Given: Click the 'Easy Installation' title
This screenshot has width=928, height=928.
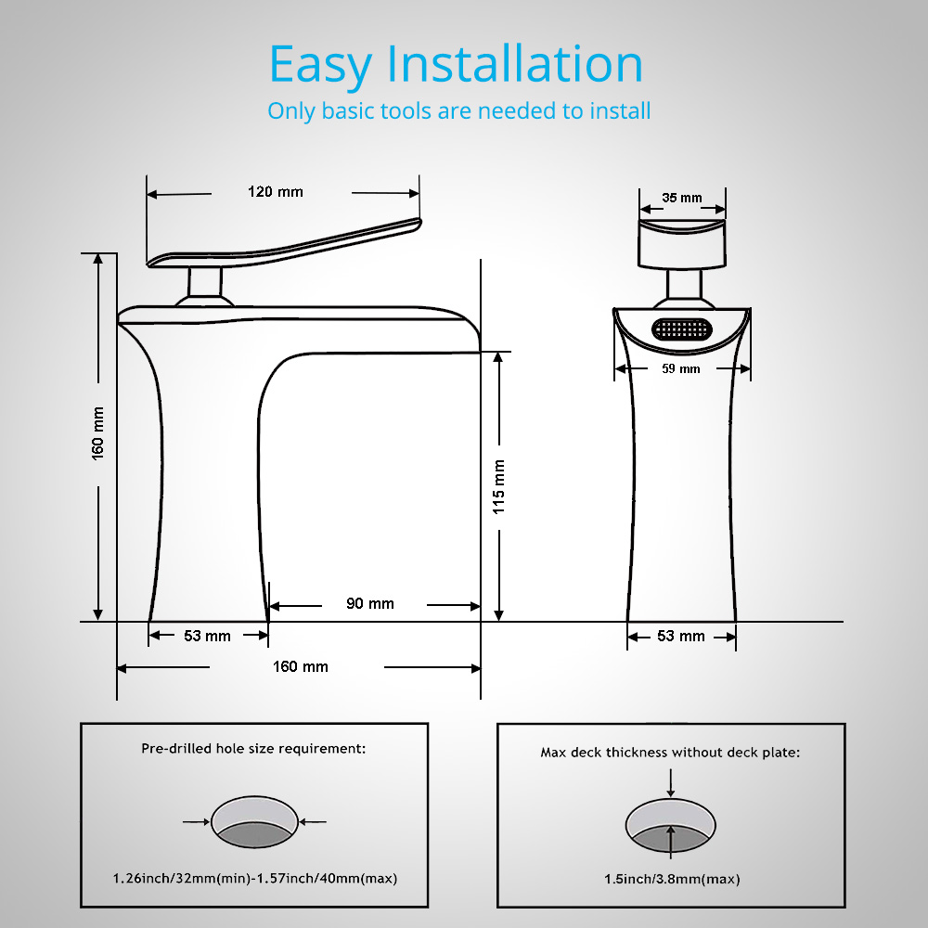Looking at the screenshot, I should [x=456, y=64].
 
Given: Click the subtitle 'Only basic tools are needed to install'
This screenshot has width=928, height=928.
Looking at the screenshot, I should [x=458, y=110].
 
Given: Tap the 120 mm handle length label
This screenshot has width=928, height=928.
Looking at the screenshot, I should [x=276, y=192].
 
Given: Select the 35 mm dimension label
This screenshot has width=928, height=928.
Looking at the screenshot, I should [x=682, y=198].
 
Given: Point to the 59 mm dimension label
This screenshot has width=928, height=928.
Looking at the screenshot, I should [x=682, y=368].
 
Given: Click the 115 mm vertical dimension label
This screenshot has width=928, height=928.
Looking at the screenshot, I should [x=499, y=487].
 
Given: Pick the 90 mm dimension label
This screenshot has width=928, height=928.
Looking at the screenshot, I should [x=369, y=604].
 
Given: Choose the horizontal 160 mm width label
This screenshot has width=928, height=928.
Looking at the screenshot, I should [x=300, y=666].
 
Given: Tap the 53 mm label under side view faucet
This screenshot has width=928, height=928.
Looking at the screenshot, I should [x=206, y=636].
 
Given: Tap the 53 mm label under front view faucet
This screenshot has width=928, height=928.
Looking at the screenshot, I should [x=682, y=636].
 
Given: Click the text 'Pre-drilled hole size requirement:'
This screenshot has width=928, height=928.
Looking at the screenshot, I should [x=254, y=748].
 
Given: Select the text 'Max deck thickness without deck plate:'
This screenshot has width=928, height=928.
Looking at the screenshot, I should [x=670, y=753].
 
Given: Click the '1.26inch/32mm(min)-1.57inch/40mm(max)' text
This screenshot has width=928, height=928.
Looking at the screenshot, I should [x=255, y=878].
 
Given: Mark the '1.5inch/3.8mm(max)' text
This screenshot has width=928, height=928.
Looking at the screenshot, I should [x=671, y=879].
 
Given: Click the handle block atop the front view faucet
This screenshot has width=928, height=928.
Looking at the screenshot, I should [x=682, y=243].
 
